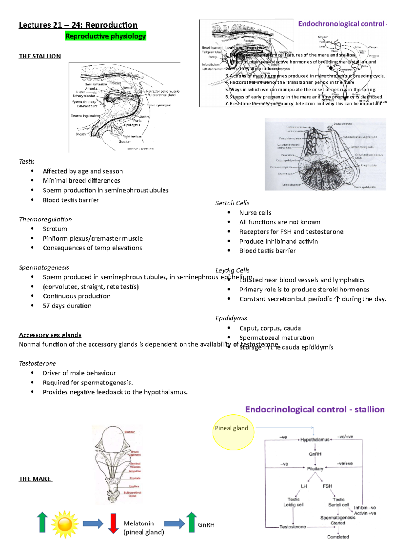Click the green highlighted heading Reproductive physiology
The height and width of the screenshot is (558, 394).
tap(105, 36)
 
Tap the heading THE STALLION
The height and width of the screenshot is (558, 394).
tap(40, 56)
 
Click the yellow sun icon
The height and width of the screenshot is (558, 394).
tap(65, 524)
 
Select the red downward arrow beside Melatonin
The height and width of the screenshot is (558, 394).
tap(113, 523)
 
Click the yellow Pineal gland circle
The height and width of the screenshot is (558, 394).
tap(233, 432)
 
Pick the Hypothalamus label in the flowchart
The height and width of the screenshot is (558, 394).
tap(315, 440)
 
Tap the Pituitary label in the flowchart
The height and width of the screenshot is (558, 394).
tap(315, 469)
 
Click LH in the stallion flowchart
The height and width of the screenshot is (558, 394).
tap(304, 486)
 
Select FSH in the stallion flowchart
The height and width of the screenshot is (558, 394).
tap(327, 486)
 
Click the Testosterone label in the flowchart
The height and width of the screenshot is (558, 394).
tap(293, 527)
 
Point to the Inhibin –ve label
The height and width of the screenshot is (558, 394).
tap(365, 508)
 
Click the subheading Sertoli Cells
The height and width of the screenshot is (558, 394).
tap(232, 203)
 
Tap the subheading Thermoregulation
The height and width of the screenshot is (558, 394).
tap(45, 219)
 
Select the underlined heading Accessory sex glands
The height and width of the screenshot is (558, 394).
tap(50, 335)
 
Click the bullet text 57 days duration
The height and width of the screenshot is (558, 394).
tap(67, 306)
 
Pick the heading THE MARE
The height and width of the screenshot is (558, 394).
tap(35, 479)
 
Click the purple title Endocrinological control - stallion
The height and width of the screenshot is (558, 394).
tap(315, 409)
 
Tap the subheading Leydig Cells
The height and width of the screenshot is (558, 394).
tap(232, 270)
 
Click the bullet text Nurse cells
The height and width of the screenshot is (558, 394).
tap(255, 213)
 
